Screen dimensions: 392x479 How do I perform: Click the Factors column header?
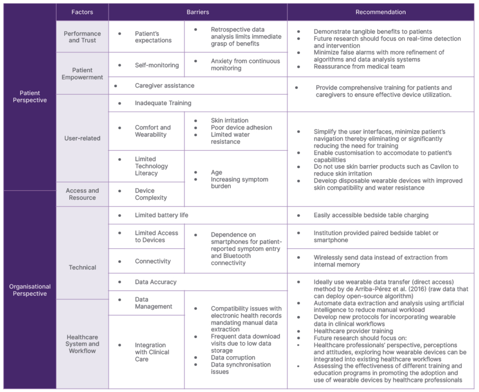[x=82, y=12]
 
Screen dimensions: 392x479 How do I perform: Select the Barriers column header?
[x=198, y=12]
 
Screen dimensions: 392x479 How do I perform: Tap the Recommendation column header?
[x=381, y=12]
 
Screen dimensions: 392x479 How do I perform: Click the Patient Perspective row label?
[x=30, y=96]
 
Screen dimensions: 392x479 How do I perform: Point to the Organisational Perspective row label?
[x=30, y=290]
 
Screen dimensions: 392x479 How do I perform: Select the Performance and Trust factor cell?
[x=82, y=37]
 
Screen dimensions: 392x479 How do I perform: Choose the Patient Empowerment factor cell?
[x=82, y=73]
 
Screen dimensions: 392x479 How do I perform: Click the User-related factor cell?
[x=82, y=138]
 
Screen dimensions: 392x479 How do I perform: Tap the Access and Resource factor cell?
[x=82, y=194]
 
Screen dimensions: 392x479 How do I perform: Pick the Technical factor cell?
[x=82, y=267]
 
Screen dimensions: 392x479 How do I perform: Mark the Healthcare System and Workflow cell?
[x=82, y=344]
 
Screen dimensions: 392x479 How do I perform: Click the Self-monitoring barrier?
[x=156, y=65]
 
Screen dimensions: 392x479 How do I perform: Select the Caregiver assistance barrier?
[x=164, y=86]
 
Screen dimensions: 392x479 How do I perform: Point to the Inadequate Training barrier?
[x=163, y=103]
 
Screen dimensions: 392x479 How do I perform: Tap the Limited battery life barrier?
[x=161, y=215]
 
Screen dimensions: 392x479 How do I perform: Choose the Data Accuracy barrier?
[x=155, y=281]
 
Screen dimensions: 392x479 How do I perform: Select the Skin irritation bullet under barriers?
[x=229, y=120]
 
